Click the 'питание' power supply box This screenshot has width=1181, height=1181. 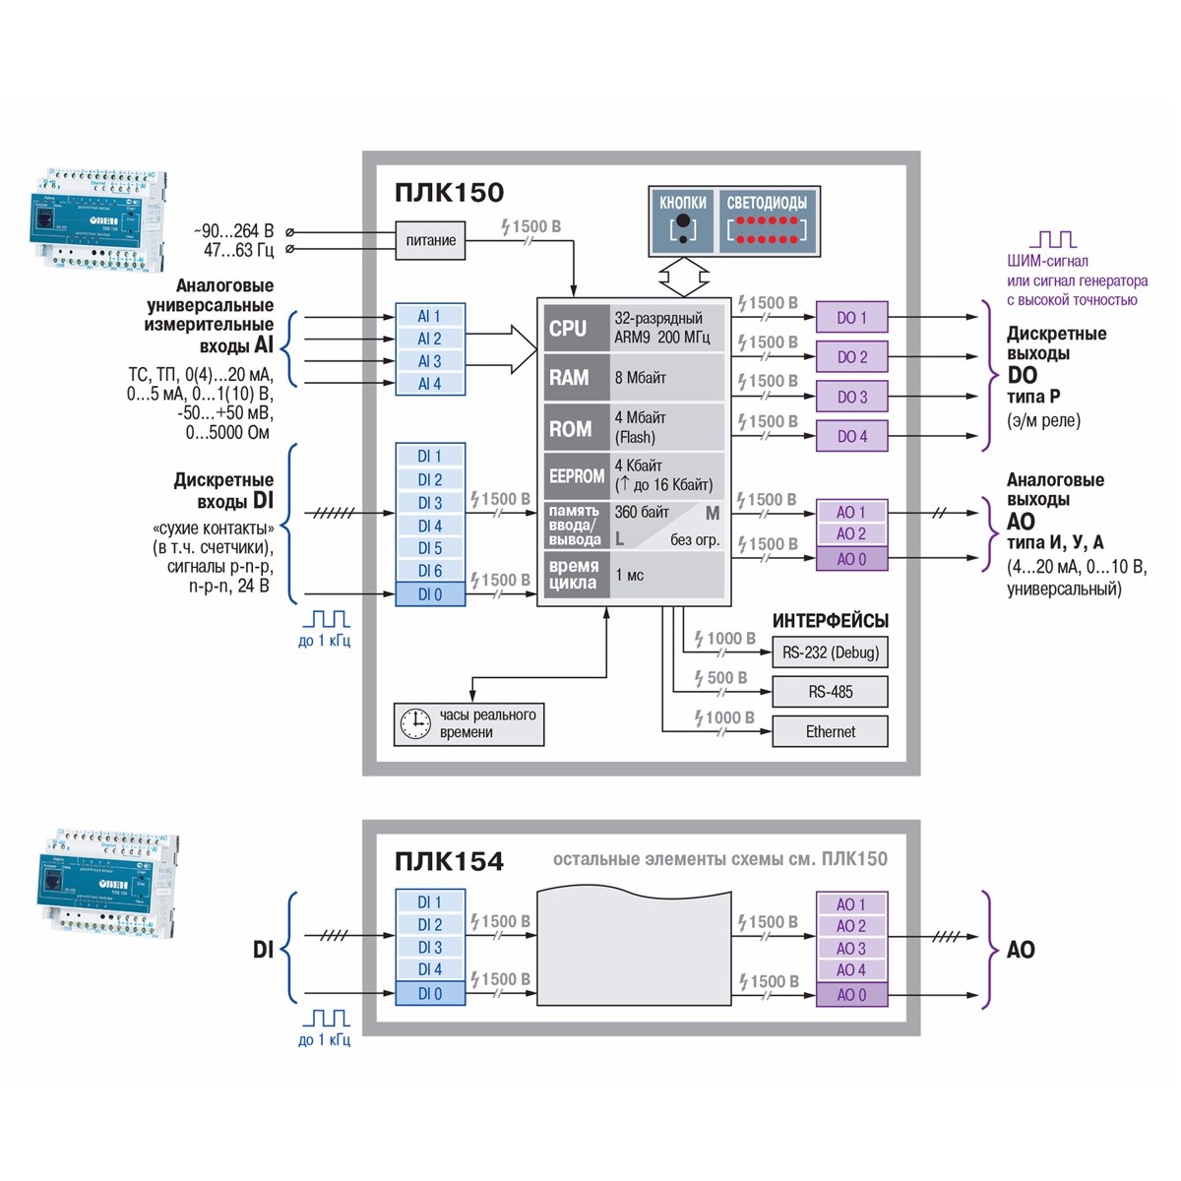(x=430, y=240)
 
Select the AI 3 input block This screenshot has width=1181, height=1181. (x=430, y=361)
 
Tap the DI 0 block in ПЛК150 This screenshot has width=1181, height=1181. (x=430, y=594)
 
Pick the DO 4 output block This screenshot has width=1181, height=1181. (x=851, y=436)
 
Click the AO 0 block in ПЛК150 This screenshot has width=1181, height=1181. (x=851, y=559)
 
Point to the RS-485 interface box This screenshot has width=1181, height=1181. (x=830, y=692)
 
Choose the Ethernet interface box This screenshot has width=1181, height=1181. (x=830, y=731)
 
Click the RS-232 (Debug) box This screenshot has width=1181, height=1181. (x=830, y=652)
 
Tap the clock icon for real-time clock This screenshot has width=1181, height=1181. (x=415, y=723)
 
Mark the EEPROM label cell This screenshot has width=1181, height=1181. (x=576, y=475)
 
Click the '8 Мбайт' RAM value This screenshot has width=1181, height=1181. (x=641, y=377)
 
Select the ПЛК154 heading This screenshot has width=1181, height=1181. (x=449, y=862)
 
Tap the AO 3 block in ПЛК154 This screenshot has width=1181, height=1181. (x=851, y=949)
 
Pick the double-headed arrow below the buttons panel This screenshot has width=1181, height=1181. (x=683, y=277)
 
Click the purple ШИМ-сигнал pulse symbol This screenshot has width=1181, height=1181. (x=1052, y=239)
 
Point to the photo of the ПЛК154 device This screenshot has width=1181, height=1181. (x=108, y=886)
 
